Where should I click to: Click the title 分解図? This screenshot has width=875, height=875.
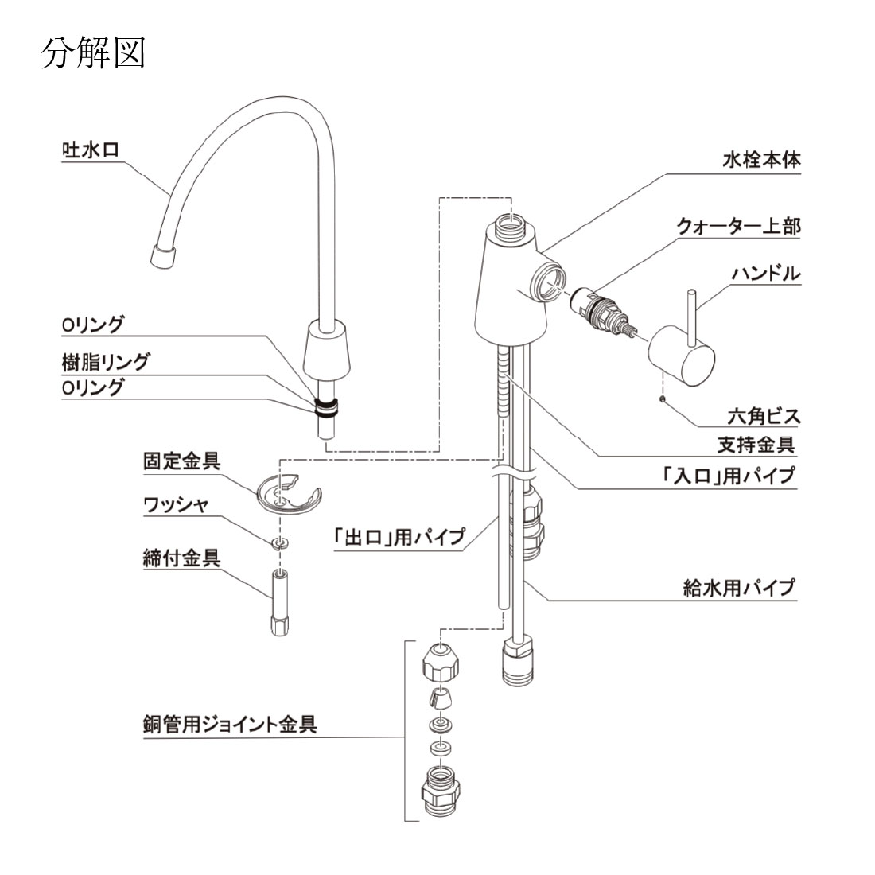click(92, 53)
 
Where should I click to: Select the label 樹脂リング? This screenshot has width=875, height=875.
click(106, 362)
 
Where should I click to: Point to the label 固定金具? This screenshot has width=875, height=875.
click(181, 461)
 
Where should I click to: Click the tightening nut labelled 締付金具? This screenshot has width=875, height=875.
click(278, 605)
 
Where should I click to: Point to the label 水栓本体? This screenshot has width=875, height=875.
click(761, 160)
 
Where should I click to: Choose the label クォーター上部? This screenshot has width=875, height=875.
click(738, 226)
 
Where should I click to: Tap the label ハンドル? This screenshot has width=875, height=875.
click(765, 274)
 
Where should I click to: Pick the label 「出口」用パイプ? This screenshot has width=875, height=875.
click(399, 536)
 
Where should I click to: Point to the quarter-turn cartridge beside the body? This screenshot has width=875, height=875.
click(602, 315)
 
